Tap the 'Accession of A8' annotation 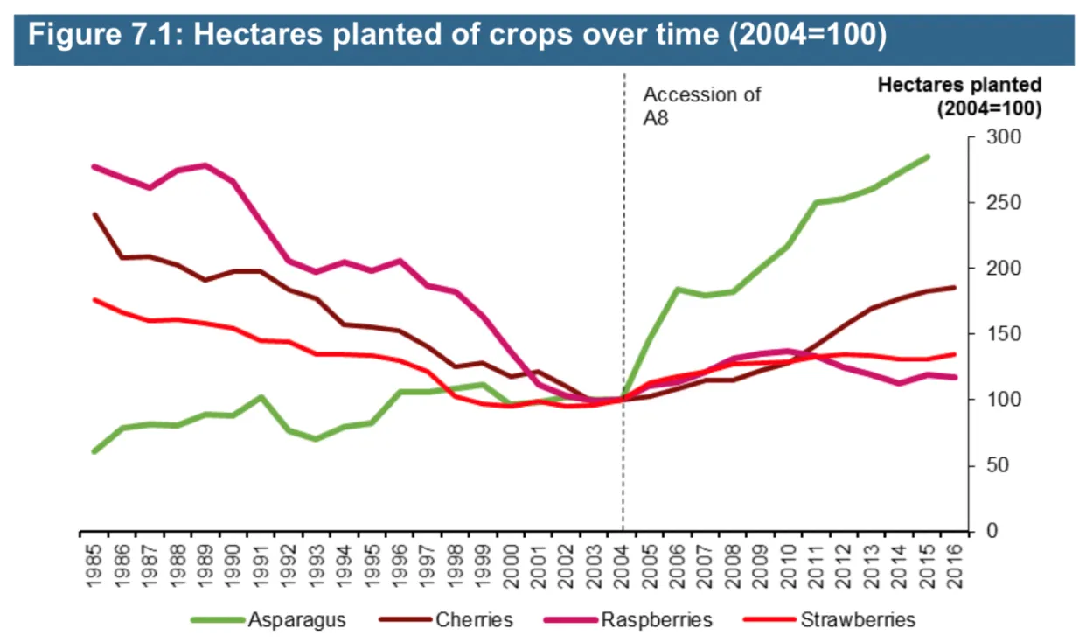pyautogui.click(x=701, y=106)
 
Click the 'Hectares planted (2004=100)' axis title pyautogui.click(x=959, y=97)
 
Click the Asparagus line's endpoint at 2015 pyautogui.click(x=928, y=157)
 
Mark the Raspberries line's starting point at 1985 pyautogui.click(x=94, y=166)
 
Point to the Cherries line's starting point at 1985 pyautogui.click(x=94, y=214)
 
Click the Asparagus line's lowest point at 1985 pyautogui.click(x=94, y=451)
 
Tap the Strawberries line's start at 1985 pyautogui.click(x=94, y=299)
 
